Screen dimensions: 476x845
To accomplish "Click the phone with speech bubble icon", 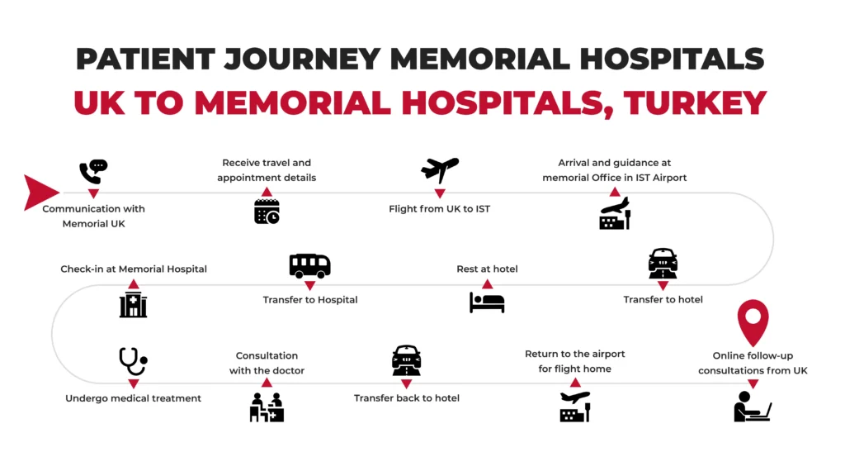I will pyautogui.click(x=93, y=171).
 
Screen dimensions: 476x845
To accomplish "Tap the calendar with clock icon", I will pyautogui.click(x=267, y=212).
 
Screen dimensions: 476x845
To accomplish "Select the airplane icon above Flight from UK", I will pyautogui.click(x=440, y=169).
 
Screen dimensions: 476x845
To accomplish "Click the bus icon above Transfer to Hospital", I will pyautogui.click(x=309, y=265).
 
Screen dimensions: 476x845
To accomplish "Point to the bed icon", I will pyautogui.click(x=487, y=302).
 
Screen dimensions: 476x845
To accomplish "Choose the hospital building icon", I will pyautogui.click(x=133, y=305).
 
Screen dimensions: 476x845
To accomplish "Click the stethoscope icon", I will pyautogui.click(x=133, y=361).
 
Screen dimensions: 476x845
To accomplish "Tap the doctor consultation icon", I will pyautogui.click(x=267, y=407).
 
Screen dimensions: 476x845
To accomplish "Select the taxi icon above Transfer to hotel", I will pyautogui.click(x=663, y=264).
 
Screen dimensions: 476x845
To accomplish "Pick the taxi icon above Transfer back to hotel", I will pyautogui.click(x=406, y=360).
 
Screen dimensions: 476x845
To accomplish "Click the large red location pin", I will pyautogui.click(x=753, y=321).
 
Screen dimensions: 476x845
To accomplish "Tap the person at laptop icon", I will pyautogui.click(x=752, y=407).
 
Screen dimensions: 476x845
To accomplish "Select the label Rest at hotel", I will pyautogui.click(x=487, y=269).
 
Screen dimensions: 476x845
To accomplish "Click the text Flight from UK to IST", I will pyautogui.click(x=439, y=209).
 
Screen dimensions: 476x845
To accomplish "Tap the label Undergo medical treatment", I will pyautogui.click(x=133, y=398).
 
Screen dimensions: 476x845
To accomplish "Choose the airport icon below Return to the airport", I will pyautogui.click(x=575, y=407).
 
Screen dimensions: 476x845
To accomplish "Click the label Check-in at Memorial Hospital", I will pyautogui.click(x=133, y=269).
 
